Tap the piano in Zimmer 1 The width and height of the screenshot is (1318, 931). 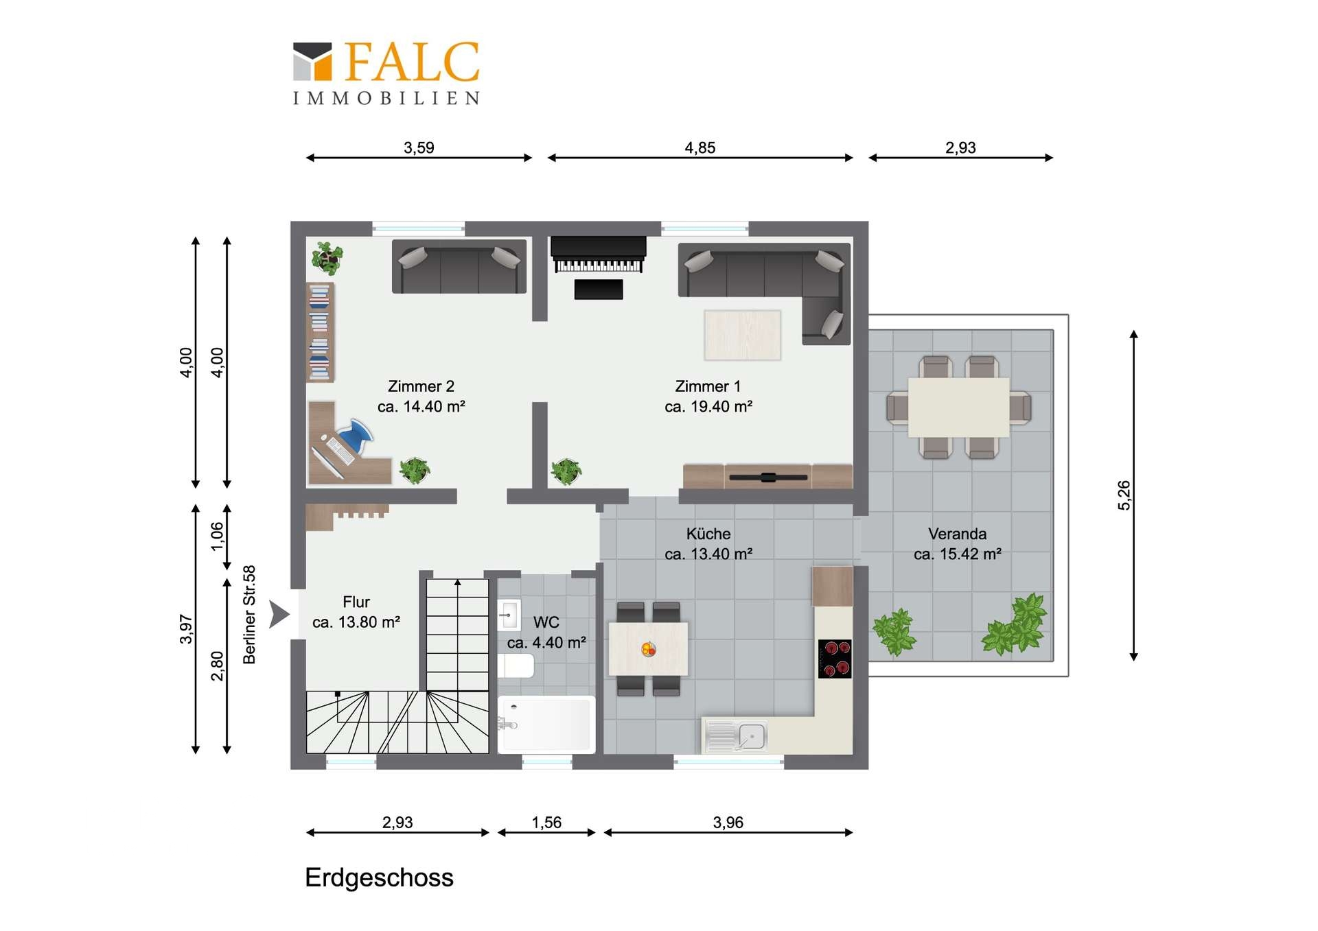coord(598,255)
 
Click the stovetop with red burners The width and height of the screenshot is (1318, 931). coord(835,659)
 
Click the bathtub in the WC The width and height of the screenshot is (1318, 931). coord(546,725)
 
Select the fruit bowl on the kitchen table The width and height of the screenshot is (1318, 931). coord(648,648)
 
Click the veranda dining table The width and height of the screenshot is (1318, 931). coord(958,407)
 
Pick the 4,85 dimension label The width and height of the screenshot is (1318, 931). coord(700,148)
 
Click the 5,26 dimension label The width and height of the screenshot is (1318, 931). coord(1124,495)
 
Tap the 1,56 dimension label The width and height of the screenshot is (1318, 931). coord(546,822)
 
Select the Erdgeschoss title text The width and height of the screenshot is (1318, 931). coord(379,877)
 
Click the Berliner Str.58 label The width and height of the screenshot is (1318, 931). coord(249,614)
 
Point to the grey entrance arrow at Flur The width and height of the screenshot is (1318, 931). coord(278,614)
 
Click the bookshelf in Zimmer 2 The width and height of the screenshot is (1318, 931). coord(320,332)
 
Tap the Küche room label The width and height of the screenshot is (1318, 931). coord(708,534)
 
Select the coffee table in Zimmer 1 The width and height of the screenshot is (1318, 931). coord(742,335)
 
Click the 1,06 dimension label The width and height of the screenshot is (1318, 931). coord(217,537)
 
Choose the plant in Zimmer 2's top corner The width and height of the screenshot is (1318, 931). coord(327,257)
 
